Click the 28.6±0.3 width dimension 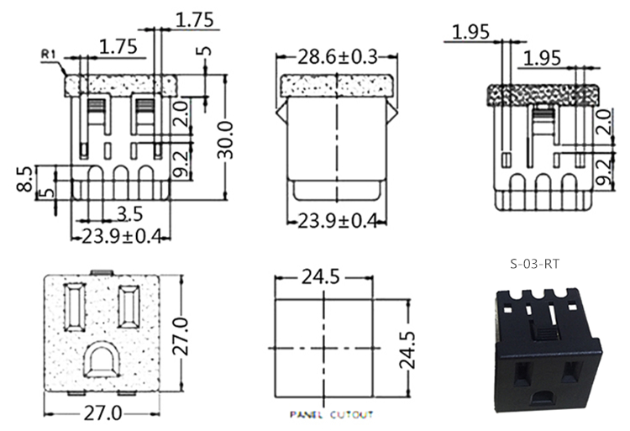(x=336, y=56)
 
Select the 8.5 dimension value (x=25, y=179)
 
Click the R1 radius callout (x=48, y=55)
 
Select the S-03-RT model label (x=535, y=263)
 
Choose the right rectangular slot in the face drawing (x=130, y=307)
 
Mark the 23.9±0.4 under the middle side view (x=336, y=221)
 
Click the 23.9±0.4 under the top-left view (x=121, y=236)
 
